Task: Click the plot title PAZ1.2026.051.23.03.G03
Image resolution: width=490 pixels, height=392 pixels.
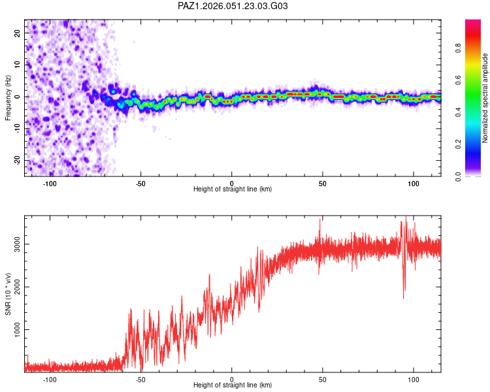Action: point(233,6)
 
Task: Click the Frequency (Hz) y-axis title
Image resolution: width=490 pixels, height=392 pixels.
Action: point(8,97)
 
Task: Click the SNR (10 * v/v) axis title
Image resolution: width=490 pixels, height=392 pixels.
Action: point(8,294)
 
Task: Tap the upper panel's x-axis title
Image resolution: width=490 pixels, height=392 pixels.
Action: point(233,189)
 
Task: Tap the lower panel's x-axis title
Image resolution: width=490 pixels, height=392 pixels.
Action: point(233,385)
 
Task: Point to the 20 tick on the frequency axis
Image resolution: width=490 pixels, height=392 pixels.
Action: point(18,33)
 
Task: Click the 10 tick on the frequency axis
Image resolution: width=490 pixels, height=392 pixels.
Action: point(18,65)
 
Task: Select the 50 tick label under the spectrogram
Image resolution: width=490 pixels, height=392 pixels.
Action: point(323,183)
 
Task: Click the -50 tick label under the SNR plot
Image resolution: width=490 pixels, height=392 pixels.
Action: point(140,379)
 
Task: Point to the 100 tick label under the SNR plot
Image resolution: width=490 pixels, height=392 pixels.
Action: point(414,379)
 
